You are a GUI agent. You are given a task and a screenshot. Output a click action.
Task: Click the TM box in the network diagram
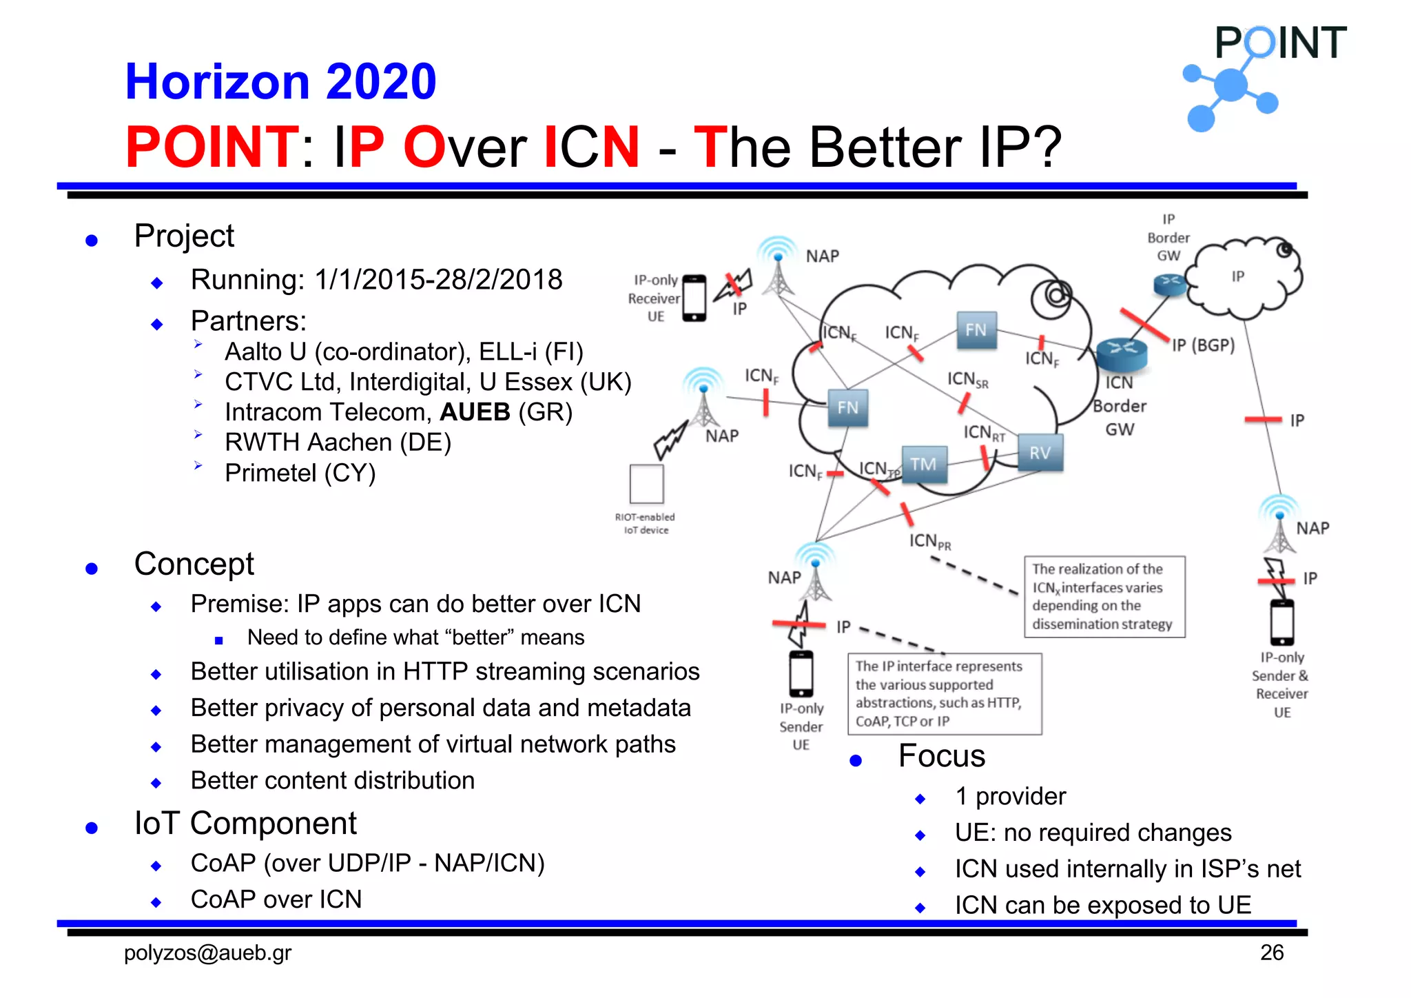(x=924, y=465)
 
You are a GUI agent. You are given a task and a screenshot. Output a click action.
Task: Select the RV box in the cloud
(x=1040, y=453)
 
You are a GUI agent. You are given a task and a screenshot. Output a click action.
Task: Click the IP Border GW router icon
(x=1170, y=283)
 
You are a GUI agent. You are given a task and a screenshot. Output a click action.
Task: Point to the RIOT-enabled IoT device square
(x=646, y=484)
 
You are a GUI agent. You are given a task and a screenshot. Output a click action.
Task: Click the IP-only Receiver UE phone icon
(x=694, y=298)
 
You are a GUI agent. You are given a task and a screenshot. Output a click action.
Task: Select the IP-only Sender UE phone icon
(x=801, y=674)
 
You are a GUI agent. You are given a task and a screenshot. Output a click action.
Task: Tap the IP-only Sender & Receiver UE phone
(x=1282, y=622)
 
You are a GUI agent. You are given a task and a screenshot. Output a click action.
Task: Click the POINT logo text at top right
(x=1280, y=43)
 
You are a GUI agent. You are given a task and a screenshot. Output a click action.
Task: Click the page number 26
(x=1272, y=953)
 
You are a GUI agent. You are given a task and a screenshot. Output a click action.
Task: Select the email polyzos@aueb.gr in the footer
(x=207, y=953)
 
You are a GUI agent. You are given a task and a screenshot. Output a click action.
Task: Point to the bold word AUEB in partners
(x=475, y=412)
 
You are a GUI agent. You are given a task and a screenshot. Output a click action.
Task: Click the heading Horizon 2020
(x=280, y=81)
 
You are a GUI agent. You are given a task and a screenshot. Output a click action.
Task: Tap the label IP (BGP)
(x=1203, y=345)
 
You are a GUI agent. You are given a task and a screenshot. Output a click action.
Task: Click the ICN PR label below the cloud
(x=929, y=541)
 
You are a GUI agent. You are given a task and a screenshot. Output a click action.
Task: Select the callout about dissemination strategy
(x=1104, y=597)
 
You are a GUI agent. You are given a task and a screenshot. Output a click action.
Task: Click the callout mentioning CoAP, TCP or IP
(x=944, y=694)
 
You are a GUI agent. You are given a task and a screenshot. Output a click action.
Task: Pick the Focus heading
(x=942, y=756)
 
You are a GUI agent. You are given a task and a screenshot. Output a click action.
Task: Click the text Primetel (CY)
(x=300, y=473)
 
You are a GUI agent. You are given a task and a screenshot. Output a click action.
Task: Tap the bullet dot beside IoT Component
(x=92, y=828)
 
